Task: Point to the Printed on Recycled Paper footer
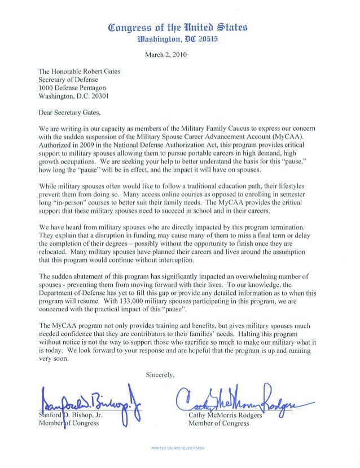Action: [179, 449]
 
